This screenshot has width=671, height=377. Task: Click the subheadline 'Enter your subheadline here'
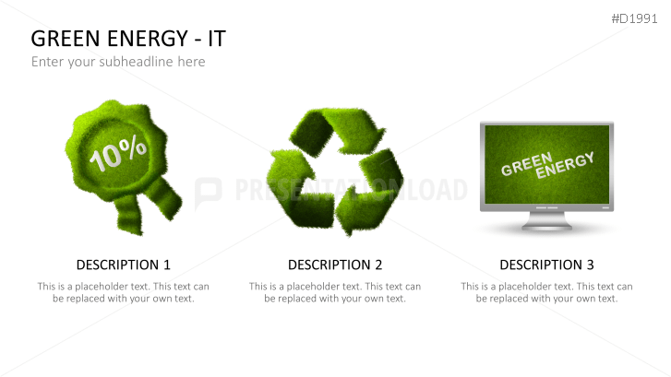118,62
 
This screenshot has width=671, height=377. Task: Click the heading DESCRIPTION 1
123,265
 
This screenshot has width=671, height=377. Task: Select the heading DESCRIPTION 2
335,265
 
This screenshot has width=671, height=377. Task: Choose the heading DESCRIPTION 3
546,265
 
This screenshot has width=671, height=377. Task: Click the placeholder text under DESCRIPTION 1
123,292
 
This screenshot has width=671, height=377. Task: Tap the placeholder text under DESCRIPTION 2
335,292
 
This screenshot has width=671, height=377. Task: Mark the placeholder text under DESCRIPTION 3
546,292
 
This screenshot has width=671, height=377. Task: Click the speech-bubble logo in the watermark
208,191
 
